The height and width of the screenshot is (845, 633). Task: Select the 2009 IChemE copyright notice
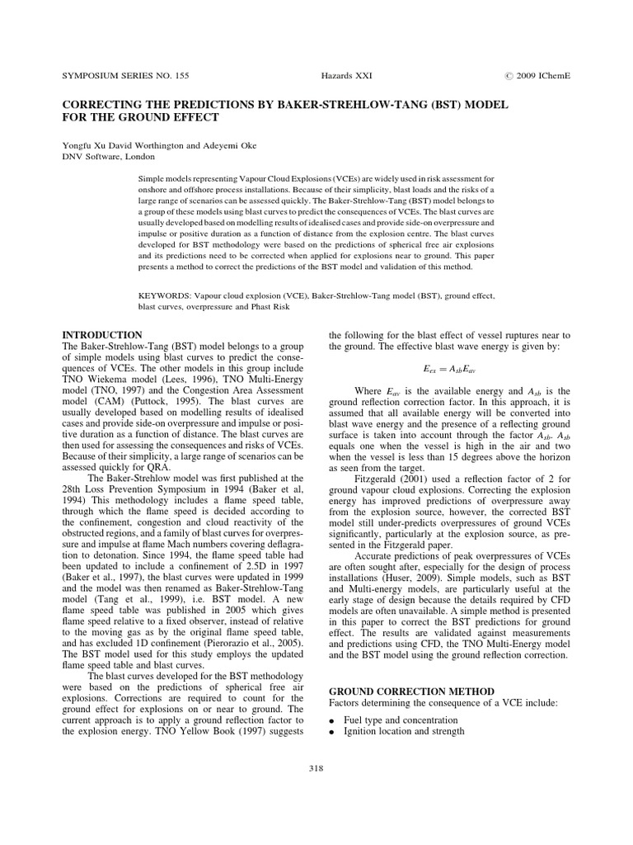coord(537,75)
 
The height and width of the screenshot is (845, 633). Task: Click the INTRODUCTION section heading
coord(102,335)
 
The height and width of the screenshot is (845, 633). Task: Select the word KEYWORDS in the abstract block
coord(162,293)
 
